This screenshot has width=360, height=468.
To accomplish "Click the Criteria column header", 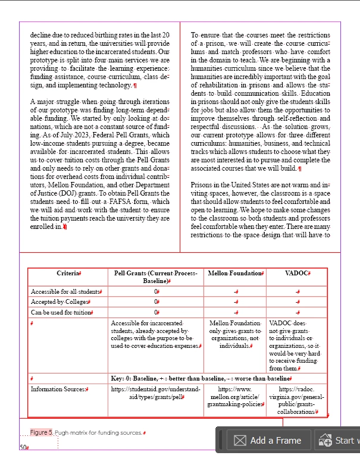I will (x=68, y=273).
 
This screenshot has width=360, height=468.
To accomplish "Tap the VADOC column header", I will (x=297, y=273).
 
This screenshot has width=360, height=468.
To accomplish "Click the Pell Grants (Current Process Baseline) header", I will (x=155, y=277).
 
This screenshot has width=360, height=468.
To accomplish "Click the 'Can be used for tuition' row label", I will (x=61, y=312).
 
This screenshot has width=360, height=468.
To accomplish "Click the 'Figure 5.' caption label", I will (x=42, y=432).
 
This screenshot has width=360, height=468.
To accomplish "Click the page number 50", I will (x=23, y=447).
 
